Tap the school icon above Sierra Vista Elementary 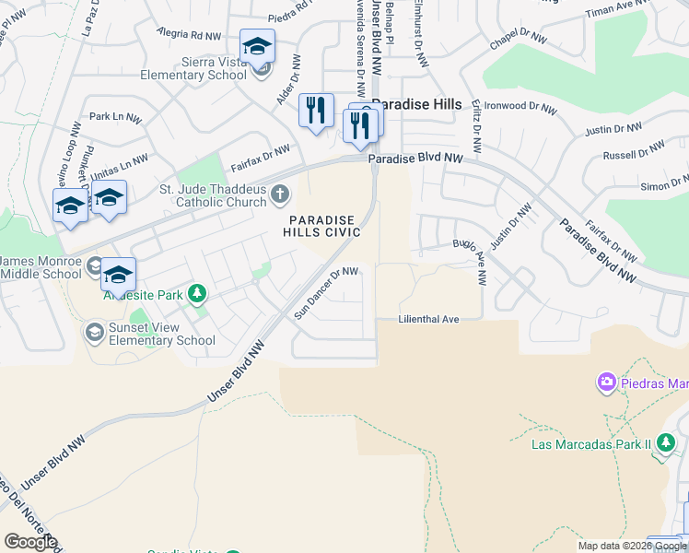click(258, 47)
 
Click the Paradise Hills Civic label click(320, 227)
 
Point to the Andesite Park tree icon click(196, 294)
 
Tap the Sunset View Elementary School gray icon click(94, 331)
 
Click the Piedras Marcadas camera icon click(606, 381)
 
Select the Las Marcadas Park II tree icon click(666, 444)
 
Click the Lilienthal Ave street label click(428, 319)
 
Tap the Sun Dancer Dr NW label click(325, 294)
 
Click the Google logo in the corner click(30, 542)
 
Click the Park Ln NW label click(115, 118)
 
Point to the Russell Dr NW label click(634, 150)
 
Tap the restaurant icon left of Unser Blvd click(316, 111)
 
